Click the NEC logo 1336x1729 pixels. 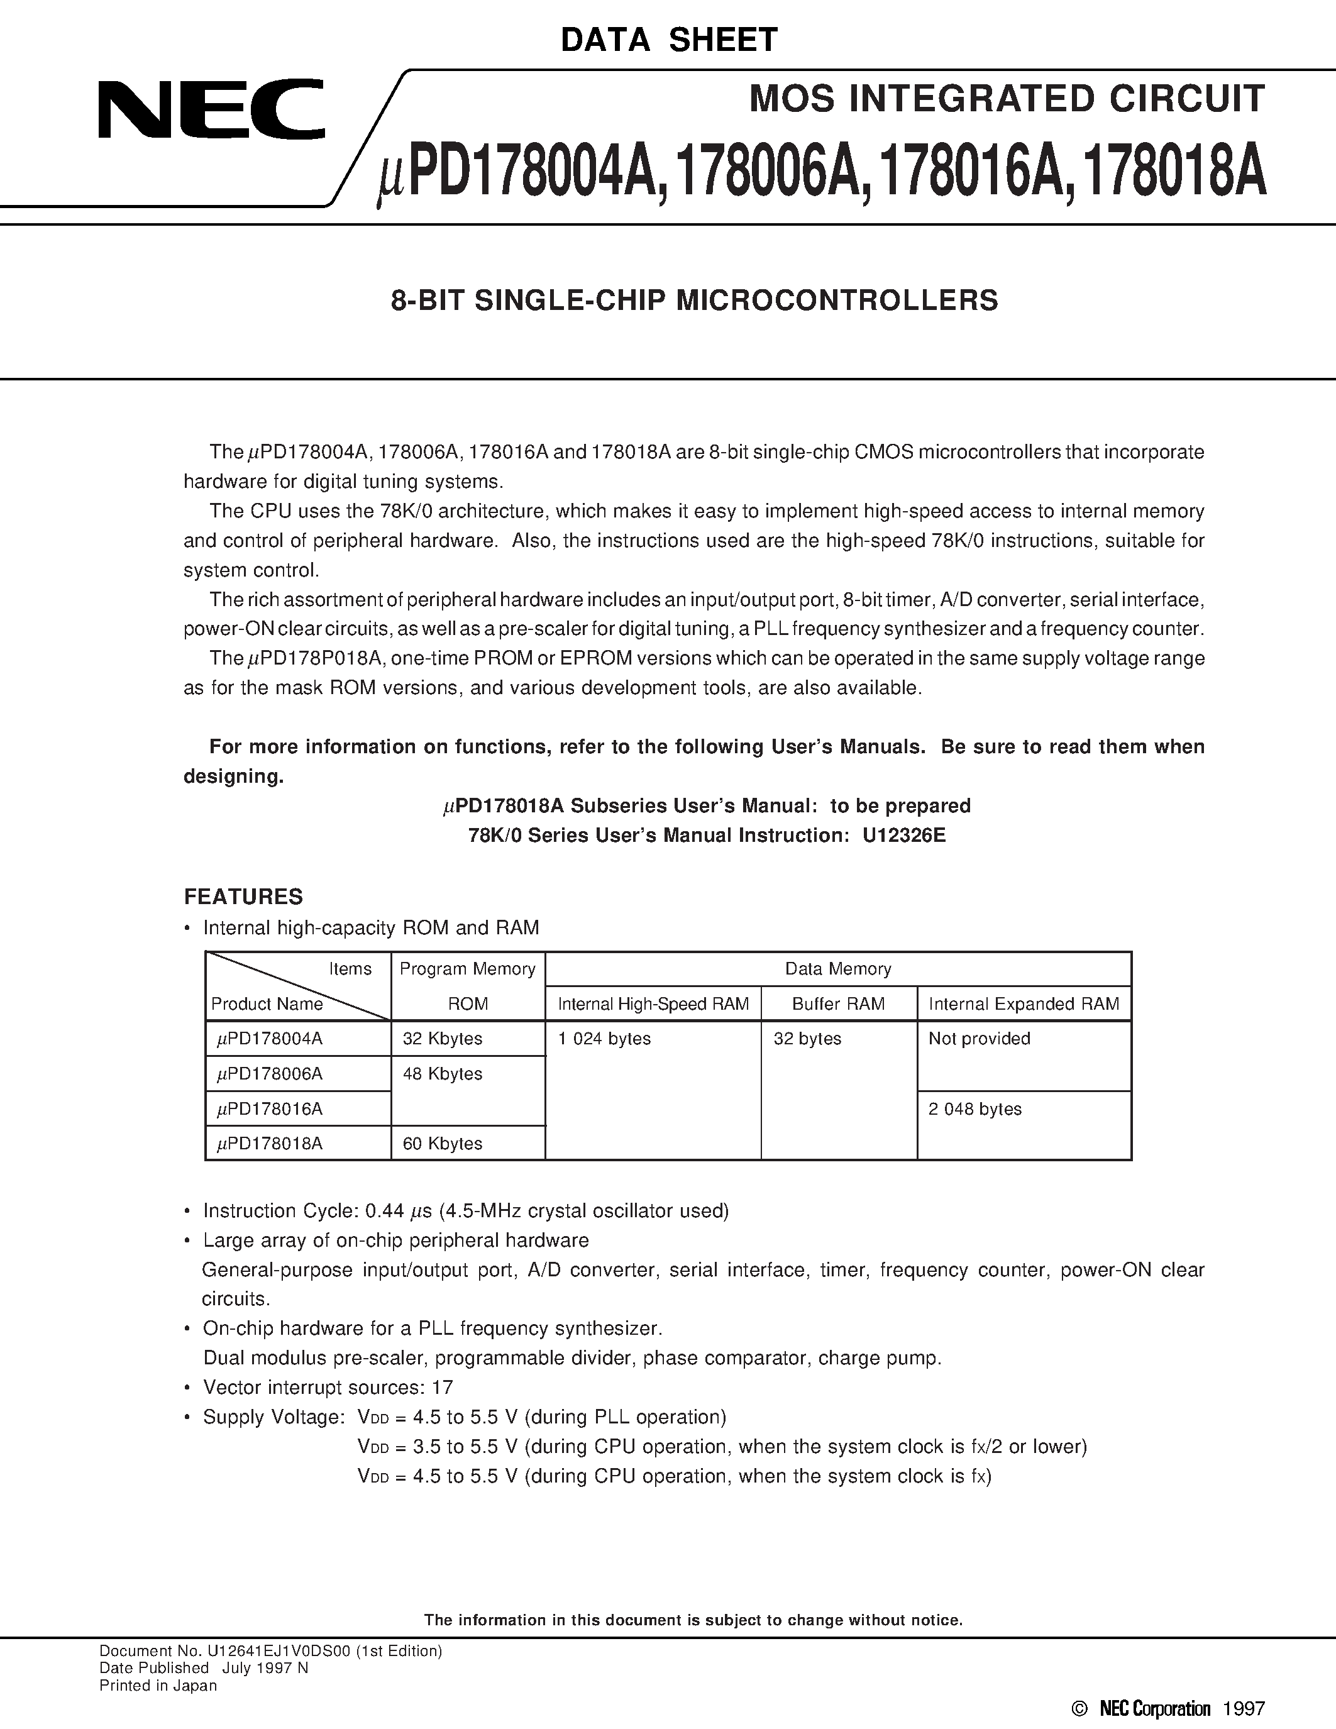(211, 109)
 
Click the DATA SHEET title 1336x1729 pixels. (669, 40)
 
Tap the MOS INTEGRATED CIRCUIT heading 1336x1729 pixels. (1007, 99)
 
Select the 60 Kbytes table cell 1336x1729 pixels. (443, 1143)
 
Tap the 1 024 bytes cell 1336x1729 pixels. (604, 1039)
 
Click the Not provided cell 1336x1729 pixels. (979, 1039)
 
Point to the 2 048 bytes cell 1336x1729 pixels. (975, 1109)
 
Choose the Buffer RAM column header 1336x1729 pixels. (838, 1004)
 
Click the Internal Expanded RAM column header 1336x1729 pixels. (1024, 1004)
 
